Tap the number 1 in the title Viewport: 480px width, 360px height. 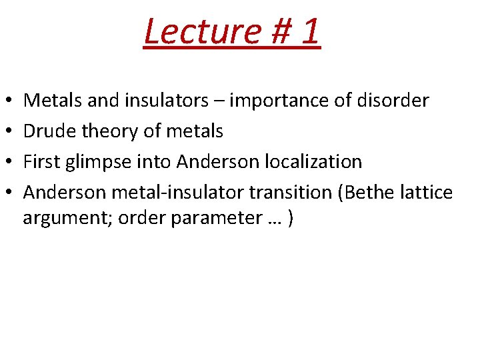point(308,31)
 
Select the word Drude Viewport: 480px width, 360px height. point(50,131)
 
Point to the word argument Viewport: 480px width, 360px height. point(68,219)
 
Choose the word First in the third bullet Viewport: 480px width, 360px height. point(41,162)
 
